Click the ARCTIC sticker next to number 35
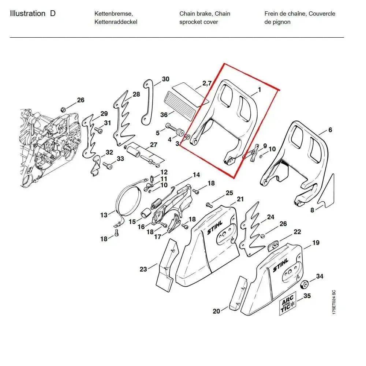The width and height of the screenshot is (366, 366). point(288,305)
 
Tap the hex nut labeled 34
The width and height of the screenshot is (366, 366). point(303,285)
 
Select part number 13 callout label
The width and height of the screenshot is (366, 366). point(104,215)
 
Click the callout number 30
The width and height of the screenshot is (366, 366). point(165,79)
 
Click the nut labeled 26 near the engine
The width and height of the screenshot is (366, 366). point(63,109)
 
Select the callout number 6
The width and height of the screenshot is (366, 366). point(330,130)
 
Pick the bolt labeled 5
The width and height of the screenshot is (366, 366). point(170,127)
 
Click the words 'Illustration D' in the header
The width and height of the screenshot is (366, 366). point(33,14)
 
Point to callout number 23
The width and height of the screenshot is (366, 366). point(143,269)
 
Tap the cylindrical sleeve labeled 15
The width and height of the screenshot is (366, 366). point(145,213)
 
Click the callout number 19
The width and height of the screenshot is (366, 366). point(315,243)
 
